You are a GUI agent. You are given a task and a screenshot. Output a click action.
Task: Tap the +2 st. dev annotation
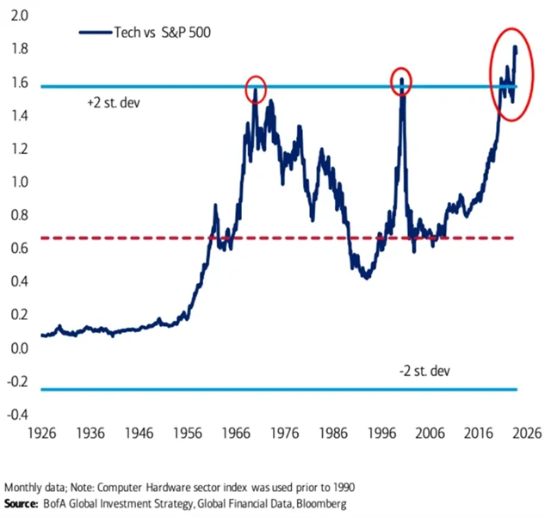[x=115, y=103]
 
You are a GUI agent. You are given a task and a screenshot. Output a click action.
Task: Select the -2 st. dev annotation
[x=424, y=371]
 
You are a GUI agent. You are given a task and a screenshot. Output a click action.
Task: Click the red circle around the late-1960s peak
[x=256, y=88]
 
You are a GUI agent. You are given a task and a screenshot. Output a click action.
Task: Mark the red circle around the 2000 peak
[x=400, y=82]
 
